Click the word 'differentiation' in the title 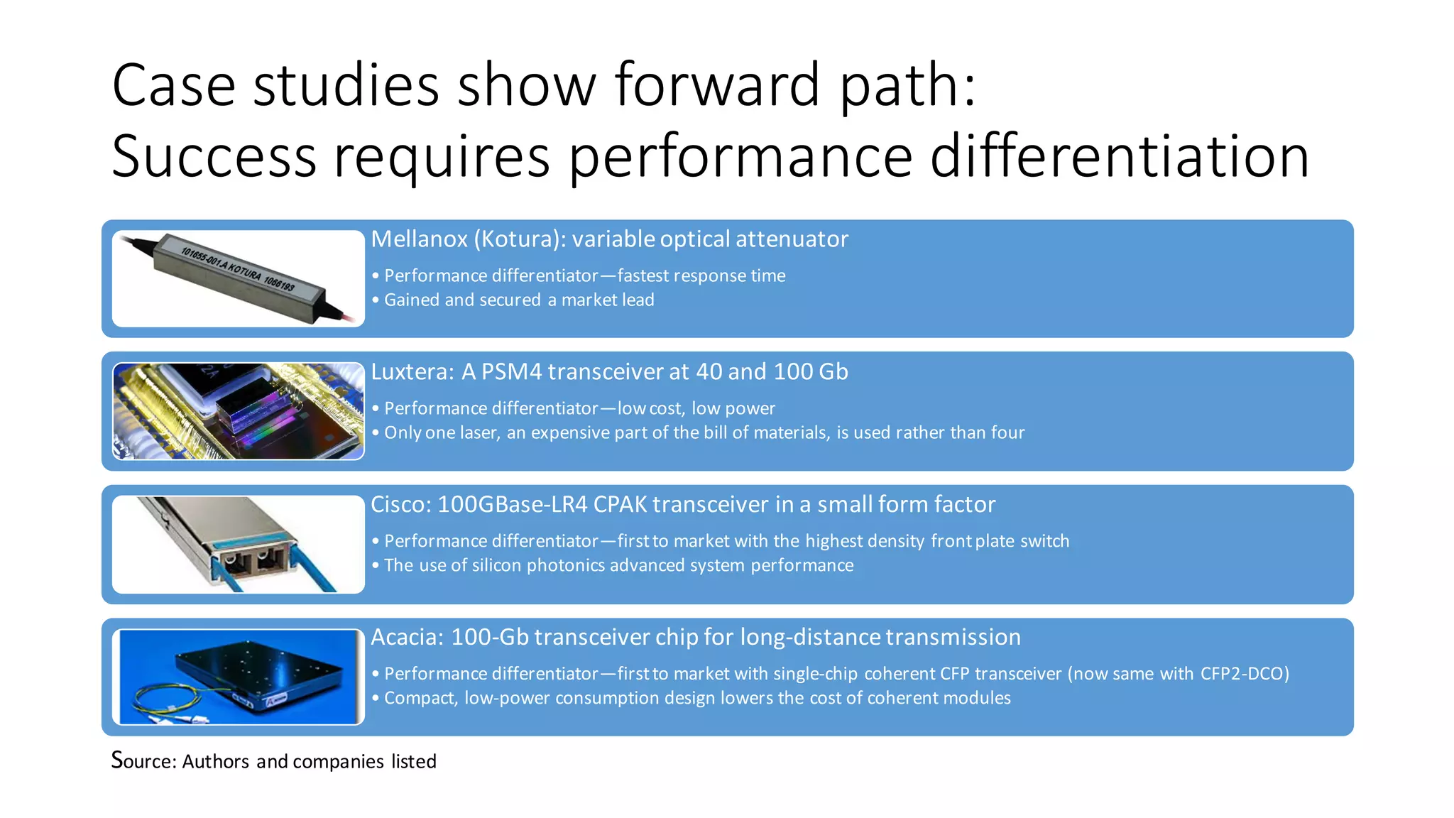[x=1119, y=156]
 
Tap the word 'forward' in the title [x=717, y=85]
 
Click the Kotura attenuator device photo [x=239, y=278]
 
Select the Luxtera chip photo [x=239, y=411]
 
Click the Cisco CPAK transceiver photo [x=239, y=544]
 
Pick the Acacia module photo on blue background [x=239, y=677]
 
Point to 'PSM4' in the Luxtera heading [x=511, y=372]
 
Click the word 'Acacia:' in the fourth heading [x=407, y=638]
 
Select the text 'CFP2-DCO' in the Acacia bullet [x=1244, y=674]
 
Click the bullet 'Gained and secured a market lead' [x=518, y=300]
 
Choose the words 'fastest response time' [x=701, y=276]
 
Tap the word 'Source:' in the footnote [x=144, y=761]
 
